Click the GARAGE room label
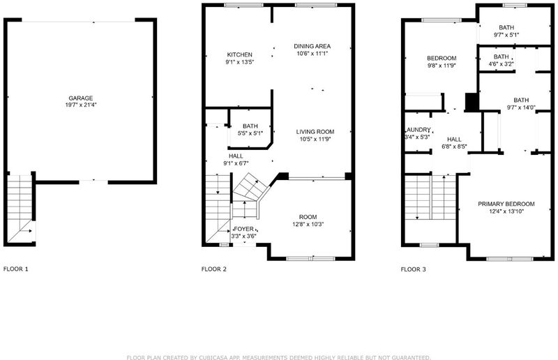point(81,98)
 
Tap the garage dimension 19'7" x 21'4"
point(81,105)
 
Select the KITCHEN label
point(239,54)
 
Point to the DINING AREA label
point(312,46)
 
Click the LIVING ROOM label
point(315,132)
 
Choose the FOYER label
point(243,229)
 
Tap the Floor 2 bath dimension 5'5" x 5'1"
point(250,133)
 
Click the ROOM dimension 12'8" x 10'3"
point(308,224)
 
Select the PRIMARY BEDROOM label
point(506,204)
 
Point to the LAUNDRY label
point(418,130)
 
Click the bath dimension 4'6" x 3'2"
point(501,64)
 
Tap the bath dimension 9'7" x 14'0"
point(521,107)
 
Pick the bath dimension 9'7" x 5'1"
point(506,35)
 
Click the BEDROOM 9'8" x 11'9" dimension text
point(442,65)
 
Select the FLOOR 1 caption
point(15,269)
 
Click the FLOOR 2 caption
point(214,269)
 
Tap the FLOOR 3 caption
point(413,269)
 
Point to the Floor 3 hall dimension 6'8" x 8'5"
point(454,146)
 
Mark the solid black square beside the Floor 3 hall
point(472,102)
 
